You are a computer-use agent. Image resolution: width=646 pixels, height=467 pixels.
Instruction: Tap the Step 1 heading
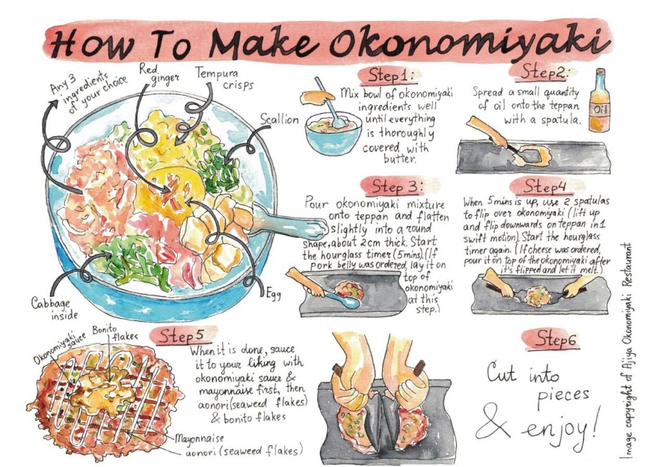click(x=389, y=76)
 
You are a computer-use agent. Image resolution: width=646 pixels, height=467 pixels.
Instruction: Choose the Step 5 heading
click(x=182, y=336)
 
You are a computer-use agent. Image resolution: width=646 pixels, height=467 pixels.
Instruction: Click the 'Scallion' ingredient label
click(x=279, y=119)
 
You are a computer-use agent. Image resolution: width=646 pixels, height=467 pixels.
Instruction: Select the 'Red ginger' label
click(x=158, y=73)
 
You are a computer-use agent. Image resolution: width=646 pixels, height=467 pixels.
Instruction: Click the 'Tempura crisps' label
click(x=224, y=78)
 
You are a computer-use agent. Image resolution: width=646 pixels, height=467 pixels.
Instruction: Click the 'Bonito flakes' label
click(x=115, y=333)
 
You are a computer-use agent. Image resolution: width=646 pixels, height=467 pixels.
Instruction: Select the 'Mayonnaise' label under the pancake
click(x=199, y=438)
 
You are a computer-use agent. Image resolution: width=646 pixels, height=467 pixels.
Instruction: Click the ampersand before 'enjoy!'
click(x=497, y=422)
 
